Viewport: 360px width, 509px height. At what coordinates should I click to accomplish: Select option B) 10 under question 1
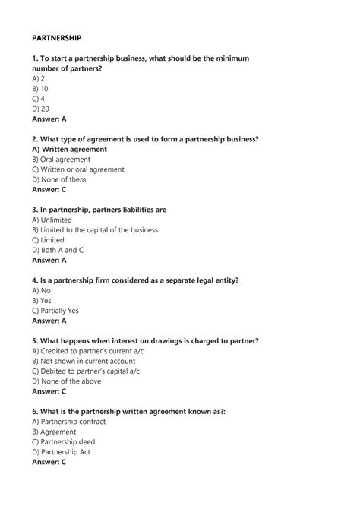[x=40, y=88]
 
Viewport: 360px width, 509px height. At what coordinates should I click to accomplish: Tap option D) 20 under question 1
[x=40, y=109]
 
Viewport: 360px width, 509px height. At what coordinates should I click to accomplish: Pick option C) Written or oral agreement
[x=78, y=169]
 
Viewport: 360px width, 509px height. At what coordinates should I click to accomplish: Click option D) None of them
[x=59, y=179]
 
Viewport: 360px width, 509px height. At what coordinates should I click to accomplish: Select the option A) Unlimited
[x=53, y=220]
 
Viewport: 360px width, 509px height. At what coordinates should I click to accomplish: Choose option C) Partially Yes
[x=55, y=310]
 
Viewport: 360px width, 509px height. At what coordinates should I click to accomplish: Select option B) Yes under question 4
[x=42, y=300]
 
